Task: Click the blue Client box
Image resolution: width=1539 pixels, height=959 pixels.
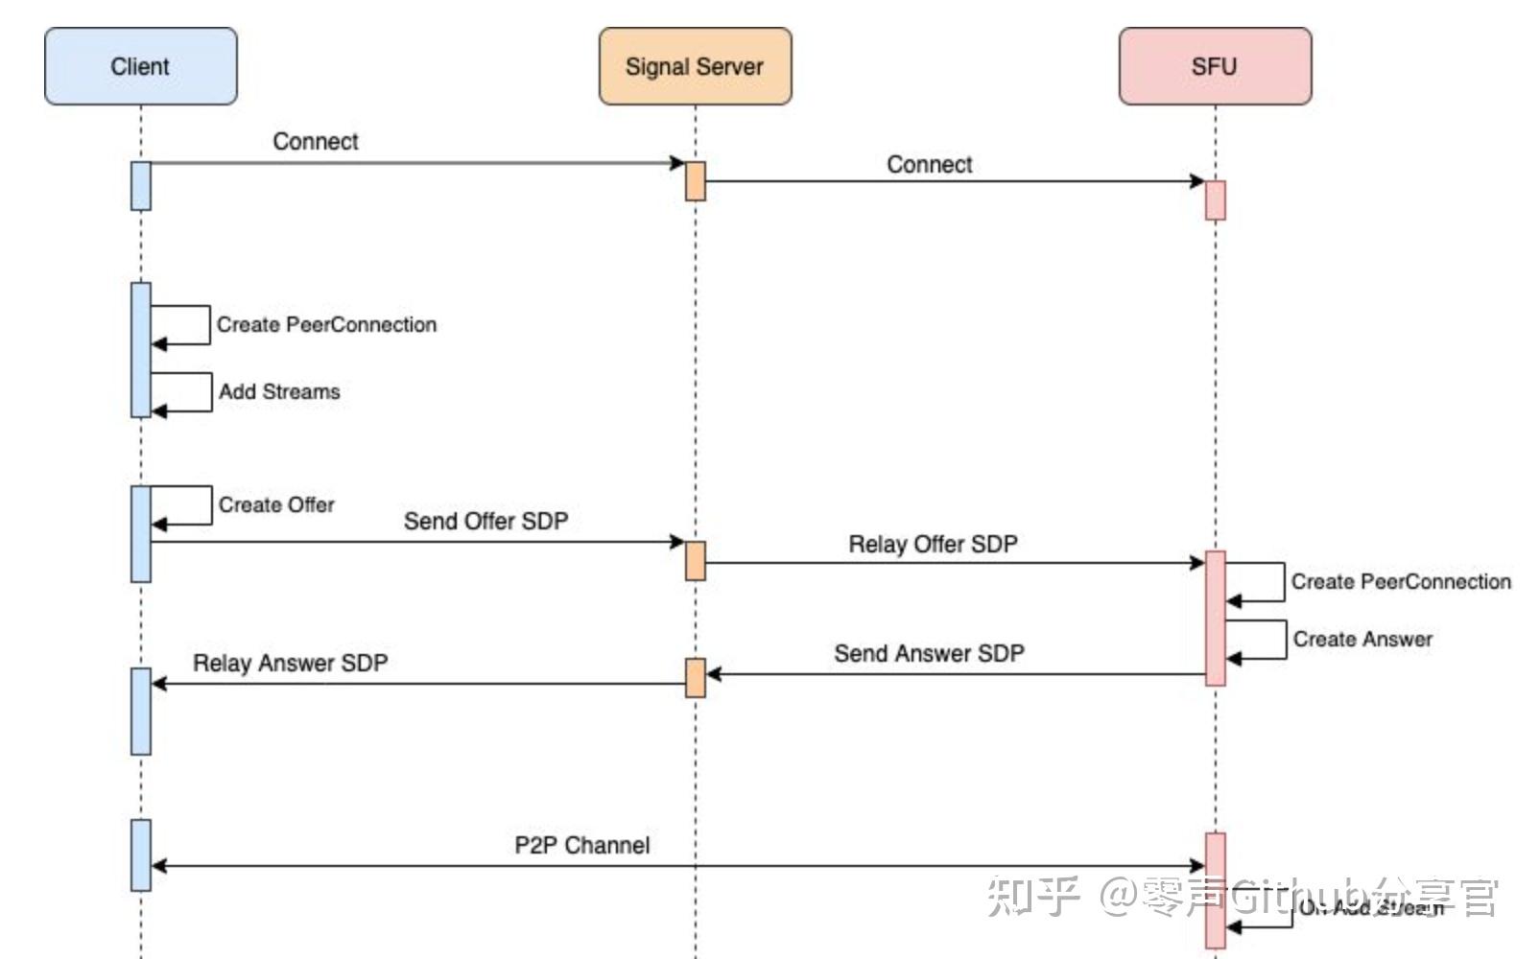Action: point(140,66)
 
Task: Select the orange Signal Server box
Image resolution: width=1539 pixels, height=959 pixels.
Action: point(695,66)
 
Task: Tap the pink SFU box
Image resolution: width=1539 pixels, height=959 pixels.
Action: point(1214,66)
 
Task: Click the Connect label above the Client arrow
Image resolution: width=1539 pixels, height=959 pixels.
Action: point(315,141)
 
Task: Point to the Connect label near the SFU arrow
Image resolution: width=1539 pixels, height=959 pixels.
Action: point(929,164)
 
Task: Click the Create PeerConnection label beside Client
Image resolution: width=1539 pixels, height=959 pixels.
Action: point(326,324)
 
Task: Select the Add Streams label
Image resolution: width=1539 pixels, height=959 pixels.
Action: point(279,391)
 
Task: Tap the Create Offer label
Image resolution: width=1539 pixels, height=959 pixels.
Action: point(276,504)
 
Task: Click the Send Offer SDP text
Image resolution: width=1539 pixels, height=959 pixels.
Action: point(485,521)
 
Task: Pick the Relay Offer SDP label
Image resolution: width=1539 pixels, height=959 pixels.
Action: point(933,544)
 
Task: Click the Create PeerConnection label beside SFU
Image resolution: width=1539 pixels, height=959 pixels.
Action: point(1401,581)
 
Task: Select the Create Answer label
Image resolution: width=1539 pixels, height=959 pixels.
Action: point(1362,639)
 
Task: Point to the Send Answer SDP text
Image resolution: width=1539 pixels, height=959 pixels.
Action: point(929,653)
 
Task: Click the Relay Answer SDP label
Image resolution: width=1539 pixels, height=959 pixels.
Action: point(290,663)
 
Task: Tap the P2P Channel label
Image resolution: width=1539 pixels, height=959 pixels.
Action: point(581,845)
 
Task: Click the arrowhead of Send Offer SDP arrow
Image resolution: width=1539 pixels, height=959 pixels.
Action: point(677,542)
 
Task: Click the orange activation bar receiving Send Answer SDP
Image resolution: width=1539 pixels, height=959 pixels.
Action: point(695,677)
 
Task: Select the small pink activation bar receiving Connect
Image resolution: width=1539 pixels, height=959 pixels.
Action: point(1215,199)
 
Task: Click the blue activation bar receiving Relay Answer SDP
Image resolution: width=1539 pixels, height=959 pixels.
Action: point(141,711)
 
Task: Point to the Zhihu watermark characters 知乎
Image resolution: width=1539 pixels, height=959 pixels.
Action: point(1034,896)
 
